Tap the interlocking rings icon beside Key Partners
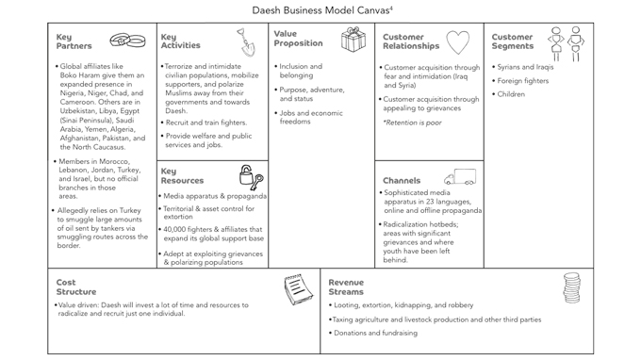(x=127, y=41)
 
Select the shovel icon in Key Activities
(x=247, y=42)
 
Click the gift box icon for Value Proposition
(x=353, y=40)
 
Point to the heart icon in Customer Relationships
(x=458, y=42)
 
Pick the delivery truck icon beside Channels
(x=460, y=177)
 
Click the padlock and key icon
(x=252, y=177)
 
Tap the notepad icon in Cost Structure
(x=299, y=289)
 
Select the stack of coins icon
(x=571, y=288)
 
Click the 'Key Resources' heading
(x=182, y=175)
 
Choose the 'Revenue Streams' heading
(x=346, y=286)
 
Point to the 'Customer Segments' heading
(x=513, y=41)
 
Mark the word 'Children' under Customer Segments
(x=511, y=94)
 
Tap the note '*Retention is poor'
(x=413, y=123)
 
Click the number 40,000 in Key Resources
(x=174, y=230)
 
